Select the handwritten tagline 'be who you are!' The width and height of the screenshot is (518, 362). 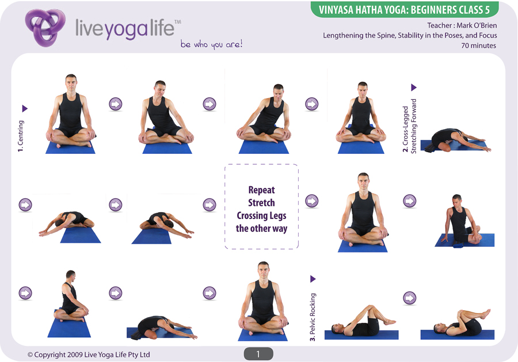click(x=211, y=44)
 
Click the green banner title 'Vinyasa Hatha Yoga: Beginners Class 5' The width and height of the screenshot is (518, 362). click(x=404, y=10)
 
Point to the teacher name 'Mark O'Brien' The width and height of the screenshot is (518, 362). click(x=477, y=25)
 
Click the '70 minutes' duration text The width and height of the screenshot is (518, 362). click(x=478, y=46)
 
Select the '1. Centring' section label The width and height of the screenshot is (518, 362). click(x=21, y=136)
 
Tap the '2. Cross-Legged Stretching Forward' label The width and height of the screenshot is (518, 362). click(x=409, y=126)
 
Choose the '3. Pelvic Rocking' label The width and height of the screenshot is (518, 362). click(x=313, y=317)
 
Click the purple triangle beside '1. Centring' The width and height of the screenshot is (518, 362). click(x=24, y=108)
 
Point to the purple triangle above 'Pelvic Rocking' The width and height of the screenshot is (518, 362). click(x=313, y=279)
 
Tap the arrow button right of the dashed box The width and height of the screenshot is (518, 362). click(x=311, y=201)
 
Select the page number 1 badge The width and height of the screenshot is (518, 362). click(x=258, y=354)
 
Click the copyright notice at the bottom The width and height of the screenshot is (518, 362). click(x=89, y=355)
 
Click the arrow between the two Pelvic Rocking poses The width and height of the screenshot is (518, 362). click(x=409, y=298)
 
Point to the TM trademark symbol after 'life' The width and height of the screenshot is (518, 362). click(x=178, y=22)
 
